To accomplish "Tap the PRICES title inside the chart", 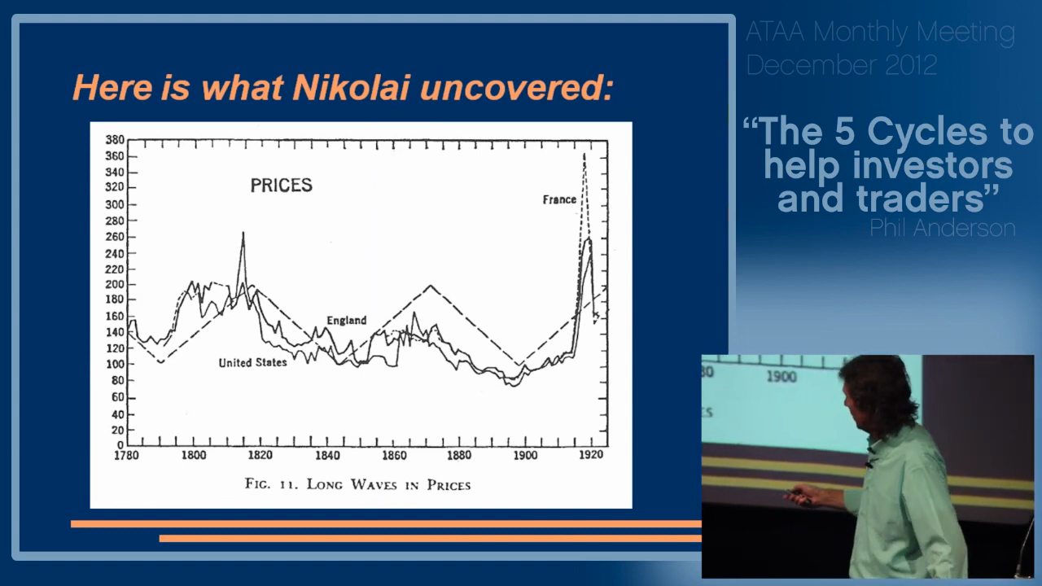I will pyautogui.click(x=281, y=186).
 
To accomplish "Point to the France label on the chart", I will pyautogui.click(x=559, y=199).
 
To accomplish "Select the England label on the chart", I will pyautogui.click(x=347, y=320).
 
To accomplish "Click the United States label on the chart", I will pyautogui.click(x=252, y=362).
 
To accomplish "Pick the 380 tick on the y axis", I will pyautogui.click(x=114, y=140).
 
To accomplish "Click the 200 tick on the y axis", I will pyautogui.click(x=114, y=285).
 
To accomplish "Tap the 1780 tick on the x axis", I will pyautogui.click(x=126, y=456).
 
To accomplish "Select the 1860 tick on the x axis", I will pyautogui.click(x=393, y=456).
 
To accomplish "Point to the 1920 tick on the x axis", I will pyautogui.click(x=591, y=456).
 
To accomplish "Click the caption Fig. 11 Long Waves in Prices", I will pyautogui.click(x=357, y=484).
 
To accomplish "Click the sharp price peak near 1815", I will pyautogui.click(x=243, y=233).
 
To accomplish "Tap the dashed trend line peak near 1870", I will pyautogui.click(x=431, y=286).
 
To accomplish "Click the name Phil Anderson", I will pyautogui.click(x=942, y=229).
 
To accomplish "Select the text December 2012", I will pyautogui.click(x=841, y=65).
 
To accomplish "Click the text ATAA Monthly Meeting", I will pyautogui.click(x=880, y=33).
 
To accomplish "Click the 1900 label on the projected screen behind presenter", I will pyautogui.click(x=781, y=377).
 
